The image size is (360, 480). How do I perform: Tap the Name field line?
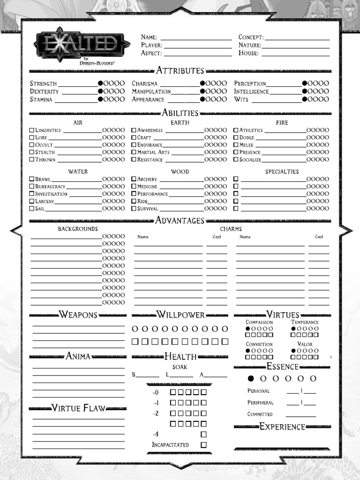point(196,37)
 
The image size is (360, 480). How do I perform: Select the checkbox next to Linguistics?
point(32,130)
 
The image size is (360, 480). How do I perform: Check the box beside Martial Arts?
point(134,152)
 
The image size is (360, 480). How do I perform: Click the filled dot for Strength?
point(100,83)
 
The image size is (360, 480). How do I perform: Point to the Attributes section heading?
point(180,71)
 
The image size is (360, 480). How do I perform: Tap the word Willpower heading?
point(180,315)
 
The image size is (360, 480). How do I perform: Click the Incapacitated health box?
point(203,445)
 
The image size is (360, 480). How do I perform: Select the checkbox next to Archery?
point(134,179)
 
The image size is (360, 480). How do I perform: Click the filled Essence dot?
point(251,378)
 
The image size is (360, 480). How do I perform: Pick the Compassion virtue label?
point(259,322)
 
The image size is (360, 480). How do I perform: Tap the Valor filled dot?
point(293,351)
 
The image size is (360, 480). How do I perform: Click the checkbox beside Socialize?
point(236,160)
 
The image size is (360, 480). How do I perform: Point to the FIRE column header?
point(282,123)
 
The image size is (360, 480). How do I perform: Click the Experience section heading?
point(282,427)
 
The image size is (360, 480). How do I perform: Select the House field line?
point(295,53)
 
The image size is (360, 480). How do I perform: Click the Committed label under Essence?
point(260,414)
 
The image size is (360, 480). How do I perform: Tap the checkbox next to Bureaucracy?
point(32,187)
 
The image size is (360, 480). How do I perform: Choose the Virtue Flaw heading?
point(78,408)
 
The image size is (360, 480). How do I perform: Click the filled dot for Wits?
point(305,99)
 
